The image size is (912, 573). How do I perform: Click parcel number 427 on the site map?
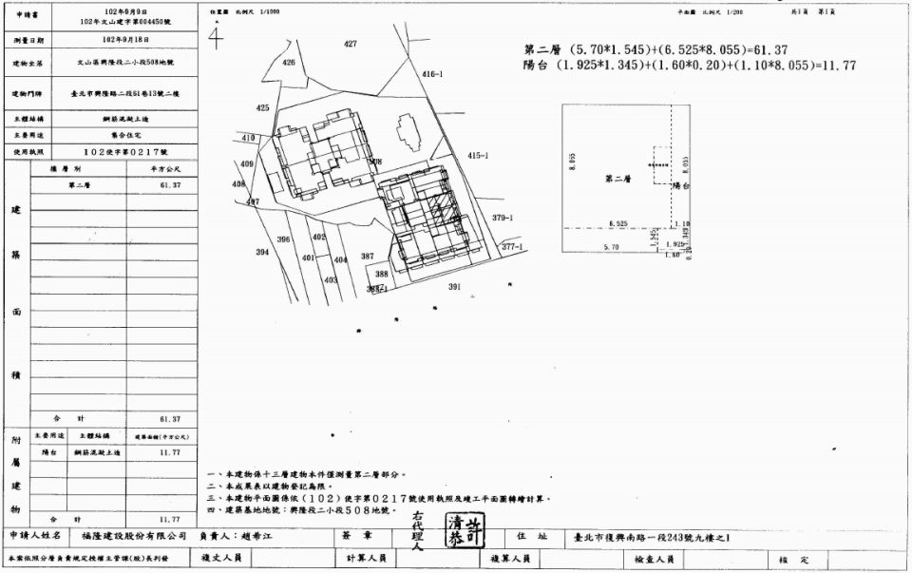tap(351, 45)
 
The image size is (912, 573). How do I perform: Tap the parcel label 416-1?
tap(432, 73)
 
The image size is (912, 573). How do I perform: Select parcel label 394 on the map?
tap(262, 253)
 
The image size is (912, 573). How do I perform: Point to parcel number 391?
tap(454, 286)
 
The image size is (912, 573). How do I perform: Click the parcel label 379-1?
tap(503, 218)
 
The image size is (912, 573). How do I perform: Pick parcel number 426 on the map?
tap(289, 62)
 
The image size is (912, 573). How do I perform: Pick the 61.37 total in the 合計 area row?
tap(170, 418)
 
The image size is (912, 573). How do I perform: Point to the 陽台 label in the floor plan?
tap(679, 186)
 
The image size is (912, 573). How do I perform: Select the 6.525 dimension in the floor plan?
tap(617, 224)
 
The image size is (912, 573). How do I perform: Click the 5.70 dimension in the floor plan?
tap(612, 247)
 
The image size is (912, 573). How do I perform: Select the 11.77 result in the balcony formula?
tap(837, 66)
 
